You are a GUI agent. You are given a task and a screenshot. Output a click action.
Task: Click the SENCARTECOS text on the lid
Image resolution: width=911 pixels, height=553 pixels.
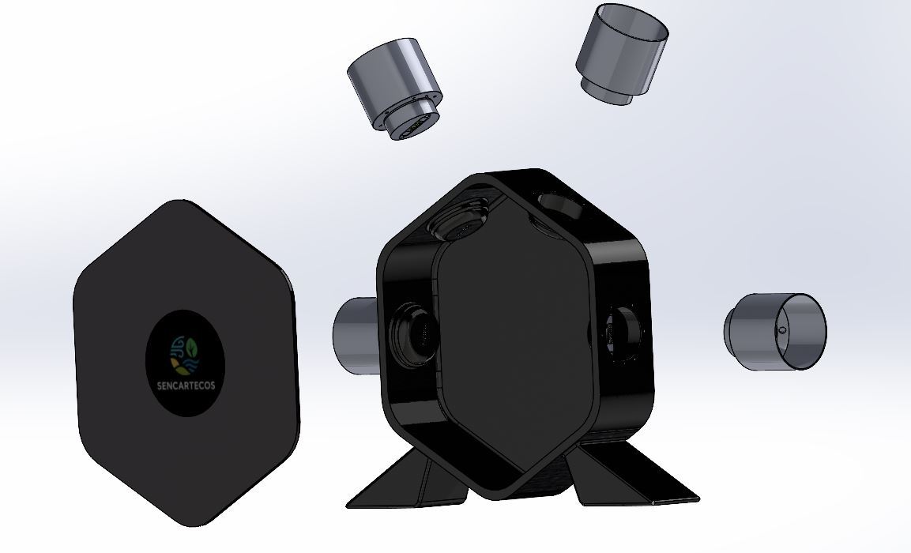pyautogui.click(x=186, y=386)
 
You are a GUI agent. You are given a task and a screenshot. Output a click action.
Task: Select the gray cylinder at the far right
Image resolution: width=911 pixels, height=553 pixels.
pyautogui.click(x=774, y=331)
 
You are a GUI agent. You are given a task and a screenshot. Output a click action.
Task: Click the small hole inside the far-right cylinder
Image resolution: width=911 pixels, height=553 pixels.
pyautogui.click(x=782, y=330)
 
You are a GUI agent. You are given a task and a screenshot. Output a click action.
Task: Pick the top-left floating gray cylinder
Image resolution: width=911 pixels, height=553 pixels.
pyautogui.click(x=395, y=88)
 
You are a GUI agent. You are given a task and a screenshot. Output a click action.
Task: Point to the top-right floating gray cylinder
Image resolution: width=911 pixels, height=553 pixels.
pyautogui.click(x=623, y=54)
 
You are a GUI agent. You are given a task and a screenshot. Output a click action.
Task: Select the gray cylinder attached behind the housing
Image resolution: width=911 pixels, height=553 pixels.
pyautogui.click(x=356, y=335)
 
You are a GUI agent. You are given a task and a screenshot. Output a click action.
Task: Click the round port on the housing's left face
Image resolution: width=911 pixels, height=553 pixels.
pyautogui.click(x=412, y=334)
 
